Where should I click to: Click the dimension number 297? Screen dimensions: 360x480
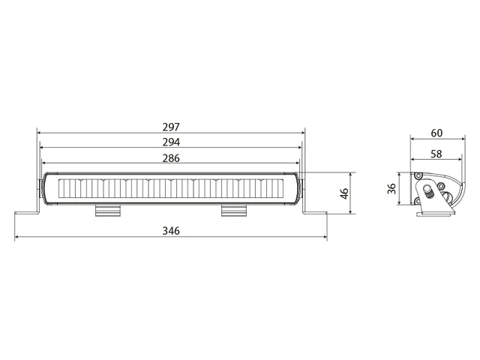pos(171,127)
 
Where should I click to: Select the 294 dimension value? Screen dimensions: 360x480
pos(171,142)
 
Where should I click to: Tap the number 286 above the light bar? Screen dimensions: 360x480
pos(171,157)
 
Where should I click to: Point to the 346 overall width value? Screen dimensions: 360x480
pos(171,231)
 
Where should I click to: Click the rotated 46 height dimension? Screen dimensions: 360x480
pos(344,193)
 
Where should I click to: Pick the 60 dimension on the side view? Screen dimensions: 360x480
pos(436,133)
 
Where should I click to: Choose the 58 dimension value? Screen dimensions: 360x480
pos(436,153)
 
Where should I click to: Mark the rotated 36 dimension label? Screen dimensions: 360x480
pos(391,188)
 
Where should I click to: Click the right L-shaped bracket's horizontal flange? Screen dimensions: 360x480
pos(316,213)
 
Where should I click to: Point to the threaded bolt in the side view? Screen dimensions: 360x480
pos(430,193)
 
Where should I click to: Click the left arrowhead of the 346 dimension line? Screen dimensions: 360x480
pos(16,238)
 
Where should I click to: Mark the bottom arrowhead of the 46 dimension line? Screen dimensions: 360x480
pos(355,213)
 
